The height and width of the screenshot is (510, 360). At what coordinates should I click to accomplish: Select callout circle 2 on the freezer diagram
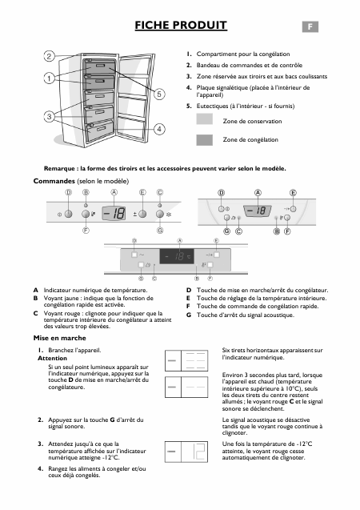point(49,56)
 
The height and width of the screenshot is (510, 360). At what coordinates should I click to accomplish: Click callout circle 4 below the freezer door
point(160,129)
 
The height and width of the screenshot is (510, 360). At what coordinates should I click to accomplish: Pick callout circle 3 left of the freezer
point(49,117)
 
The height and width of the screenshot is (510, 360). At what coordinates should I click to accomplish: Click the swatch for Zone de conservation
point(205,121)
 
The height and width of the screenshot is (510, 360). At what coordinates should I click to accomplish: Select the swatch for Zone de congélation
point(205,139)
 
